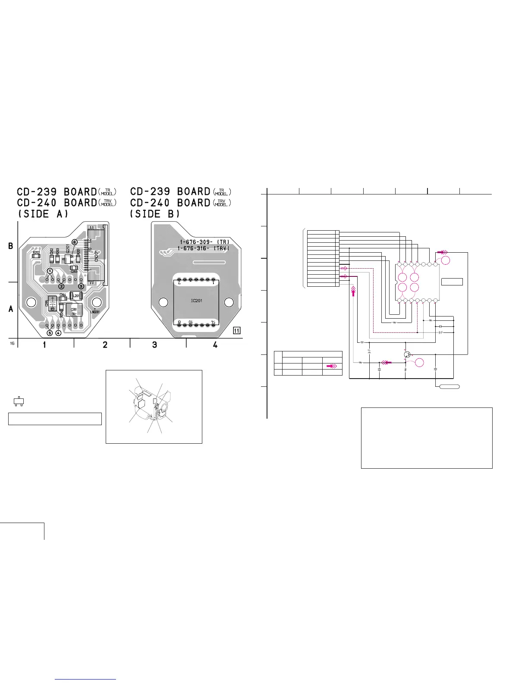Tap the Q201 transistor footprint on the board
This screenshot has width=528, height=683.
pyautogui.click(x=67, y=259)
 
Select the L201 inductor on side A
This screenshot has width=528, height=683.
pyautogui.click(x=76, y=296)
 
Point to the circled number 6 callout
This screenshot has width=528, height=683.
pyautogui.click(x=74, y=242)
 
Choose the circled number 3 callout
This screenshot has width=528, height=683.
pyautogui.click(x=81, y=286)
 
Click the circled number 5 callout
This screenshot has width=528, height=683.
pyautogui.click(x=50, y=333)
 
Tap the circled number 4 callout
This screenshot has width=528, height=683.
pyautogui.click(x=58, y=333)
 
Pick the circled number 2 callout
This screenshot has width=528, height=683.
pyautogui.click(x=61, y=286)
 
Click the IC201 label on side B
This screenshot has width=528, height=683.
pyautogui.click(x=196, y=301)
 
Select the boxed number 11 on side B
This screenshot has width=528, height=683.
pyautogui.click(x=236, y=331)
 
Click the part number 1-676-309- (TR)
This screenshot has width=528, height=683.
pyautogui.click(x=204, y=242)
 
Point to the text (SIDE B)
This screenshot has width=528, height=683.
pyautogui.click(x=155, y=214)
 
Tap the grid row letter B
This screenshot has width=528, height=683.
pyautogui.click(x=11, y=246)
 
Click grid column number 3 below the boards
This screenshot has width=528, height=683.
pyautogui.click(x=154, y=345)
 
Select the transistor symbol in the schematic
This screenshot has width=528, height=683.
pyautogui.click(x=407, y=354)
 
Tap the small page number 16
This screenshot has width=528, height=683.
pyautogui.click(x=12, y=343)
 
